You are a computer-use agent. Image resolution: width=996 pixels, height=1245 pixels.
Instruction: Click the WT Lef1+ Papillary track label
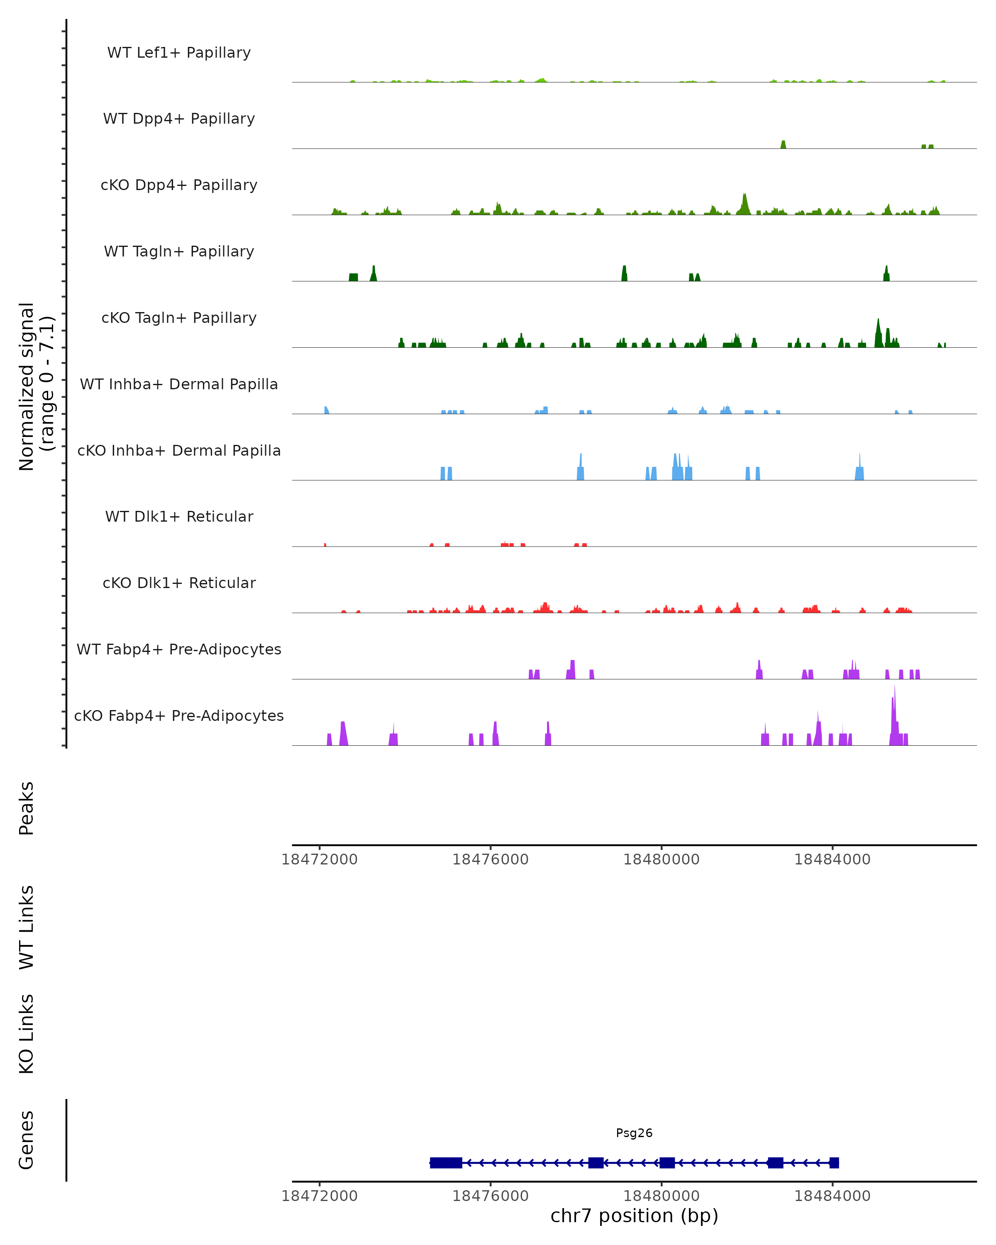tap(179, 53)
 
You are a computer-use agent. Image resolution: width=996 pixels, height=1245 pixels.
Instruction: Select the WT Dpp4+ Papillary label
tap(179, 119)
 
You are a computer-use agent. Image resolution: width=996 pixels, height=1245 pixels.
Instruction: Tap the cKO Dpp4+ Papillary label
tap(179, 186)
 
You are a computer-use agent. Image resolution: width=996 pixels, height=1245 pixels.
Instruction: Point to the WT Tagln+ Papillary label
tap(179, 252)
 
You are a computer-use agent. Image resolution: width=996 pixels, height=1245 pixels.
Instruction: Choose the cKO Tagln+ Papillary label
tap(179, 318)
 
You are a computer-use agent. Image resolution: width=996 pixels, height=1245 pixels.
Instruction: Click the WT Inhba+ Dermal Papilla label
tap(179, 385)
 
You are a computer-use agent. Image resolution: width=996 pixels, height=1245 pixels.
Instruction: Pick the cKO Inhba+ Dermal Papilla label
tap(179, 451)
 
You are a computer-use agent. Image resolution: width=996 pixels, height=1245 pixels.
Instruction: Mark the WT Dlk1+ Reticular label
tap(179, 517)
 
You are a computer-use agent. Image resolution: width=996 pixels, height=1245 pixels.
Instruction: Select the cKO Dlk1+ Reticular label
tap(179, 583)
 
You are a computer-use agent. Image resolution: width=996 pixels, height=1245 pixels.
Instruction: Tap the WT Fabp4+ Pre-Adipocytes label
tap(179, 649)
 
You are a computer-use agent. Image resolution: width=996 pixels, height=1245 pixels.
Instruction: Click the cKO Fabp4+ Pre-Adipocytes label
tap(179, 716)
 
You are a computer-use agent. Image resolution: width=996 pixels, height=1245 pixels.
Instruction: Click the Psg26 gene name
tap(634, 1133)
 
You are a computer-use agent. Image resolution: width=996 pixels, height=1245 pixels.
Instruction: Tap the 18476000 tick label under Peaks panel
tap(490, 859)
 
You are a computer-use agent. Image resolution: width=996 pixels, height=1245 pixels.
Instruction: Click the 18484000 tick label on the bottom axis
tap(832, 1196)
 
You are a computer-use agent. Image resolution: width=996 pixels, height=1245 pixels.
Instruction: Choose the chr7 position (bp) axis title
tap(634, 1216)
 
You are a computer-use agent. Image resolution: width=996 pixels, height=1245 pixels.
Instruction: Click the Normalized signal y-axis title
tap(36, 386)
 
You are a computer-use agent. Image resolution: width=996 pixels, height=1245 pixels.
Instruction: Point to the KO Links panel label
tap(27, 1034)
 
